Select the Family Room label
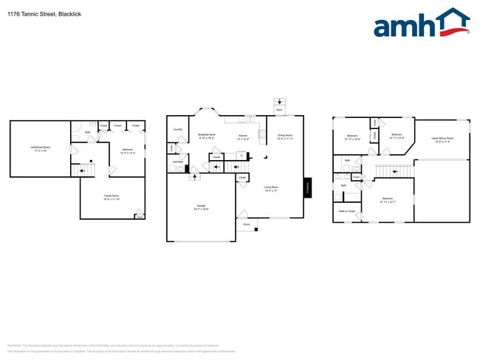pos(111,196)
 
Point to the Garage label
pos(202,207)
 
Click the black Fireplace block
pos(308,188)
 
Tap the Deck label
pos(279,110)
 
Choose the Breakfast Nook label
pos(206,136)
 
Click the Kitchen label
pos(243,136)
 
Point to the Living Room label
pos(271,188)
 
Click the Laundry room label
pos(177,130)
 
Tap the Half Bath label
pos(177,162)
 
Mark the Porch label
pos(247,224)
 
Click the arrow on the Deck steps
pos(279,102)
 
